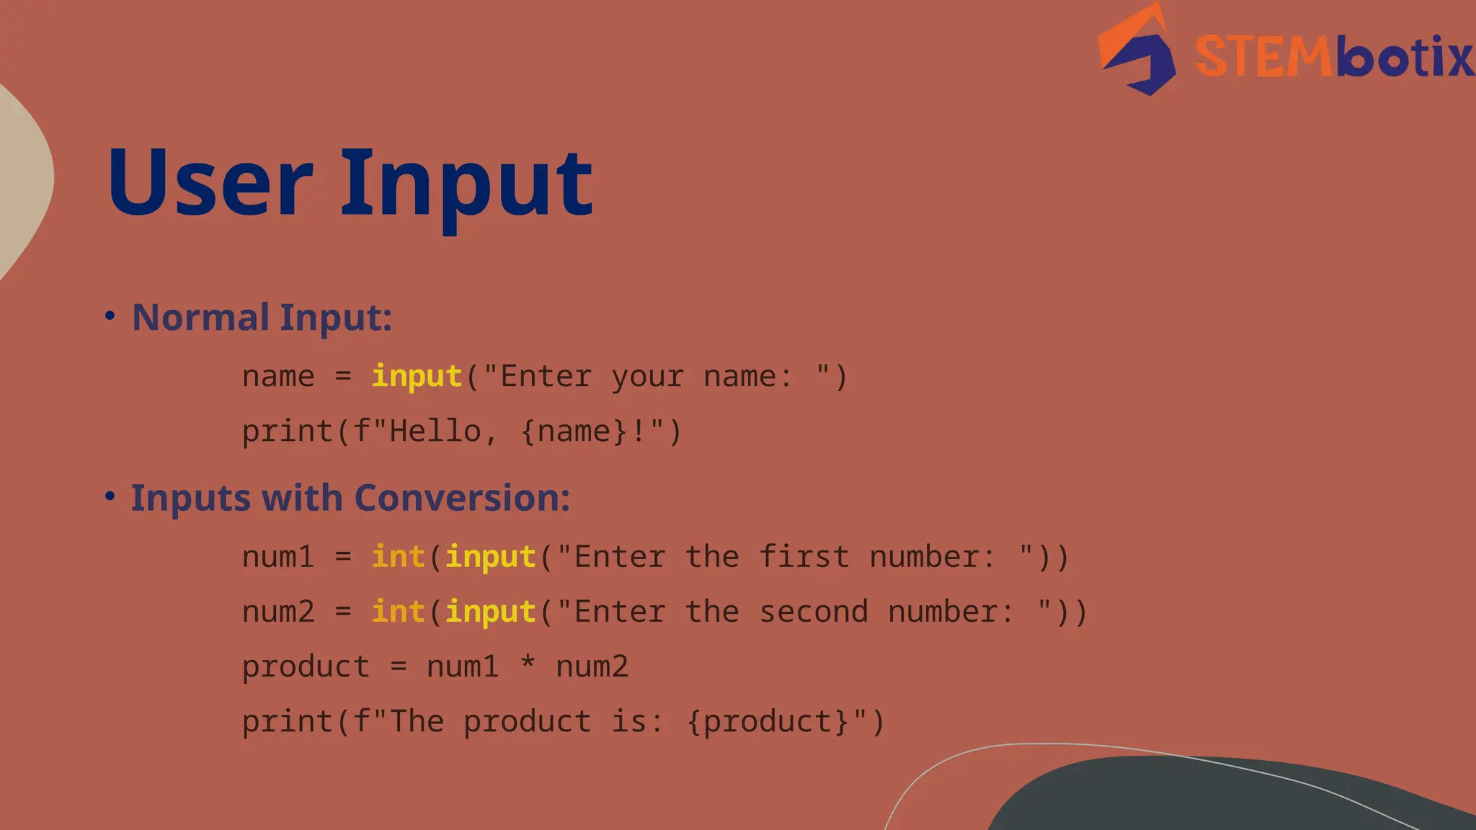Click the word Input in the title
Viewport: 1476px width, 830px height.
click(x=466, y=186)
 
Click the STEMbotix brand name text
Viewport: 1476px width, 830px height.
click(x=1333, y=56)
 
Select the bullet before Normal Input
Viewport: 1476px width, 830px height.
click(x=110, y=316)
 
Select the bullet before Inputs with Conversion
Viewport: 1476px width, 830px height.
click(x=110, y=496)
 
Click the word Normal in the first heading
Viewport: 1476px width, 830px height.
click(x=200, y=317)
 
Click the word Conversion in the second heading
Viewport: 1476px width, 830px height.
click(x=461, y=497)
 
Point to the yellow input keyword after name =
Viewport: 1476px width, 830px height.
click(x=417, y=377)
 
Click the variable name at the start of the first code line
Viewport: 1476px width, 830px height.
click(x=278, y=377)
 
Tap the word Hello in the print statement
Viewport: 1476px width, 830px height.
click(x=435, y=432)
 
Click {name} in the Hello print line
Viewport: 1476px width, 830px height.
click(x=573, y=432)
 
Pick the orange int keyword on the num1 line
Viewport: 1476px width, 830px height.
click(x=398, y=557)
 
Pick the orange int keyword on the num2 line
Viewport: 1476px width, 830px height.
click(x=398, y=612)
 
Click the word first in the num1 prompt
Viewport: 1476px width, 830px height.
click(x=804, y=557)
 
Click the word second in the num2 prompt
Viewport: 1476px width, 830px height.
click(x=814, y=612)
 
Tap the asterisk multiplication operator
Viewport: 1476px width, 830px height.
click(x=528, y=663)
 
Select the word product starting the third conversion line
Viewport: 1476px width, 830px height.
click(x=306, y=667)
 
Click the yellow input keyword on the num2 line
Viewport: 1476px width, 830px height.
click(x=490, y=612)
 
